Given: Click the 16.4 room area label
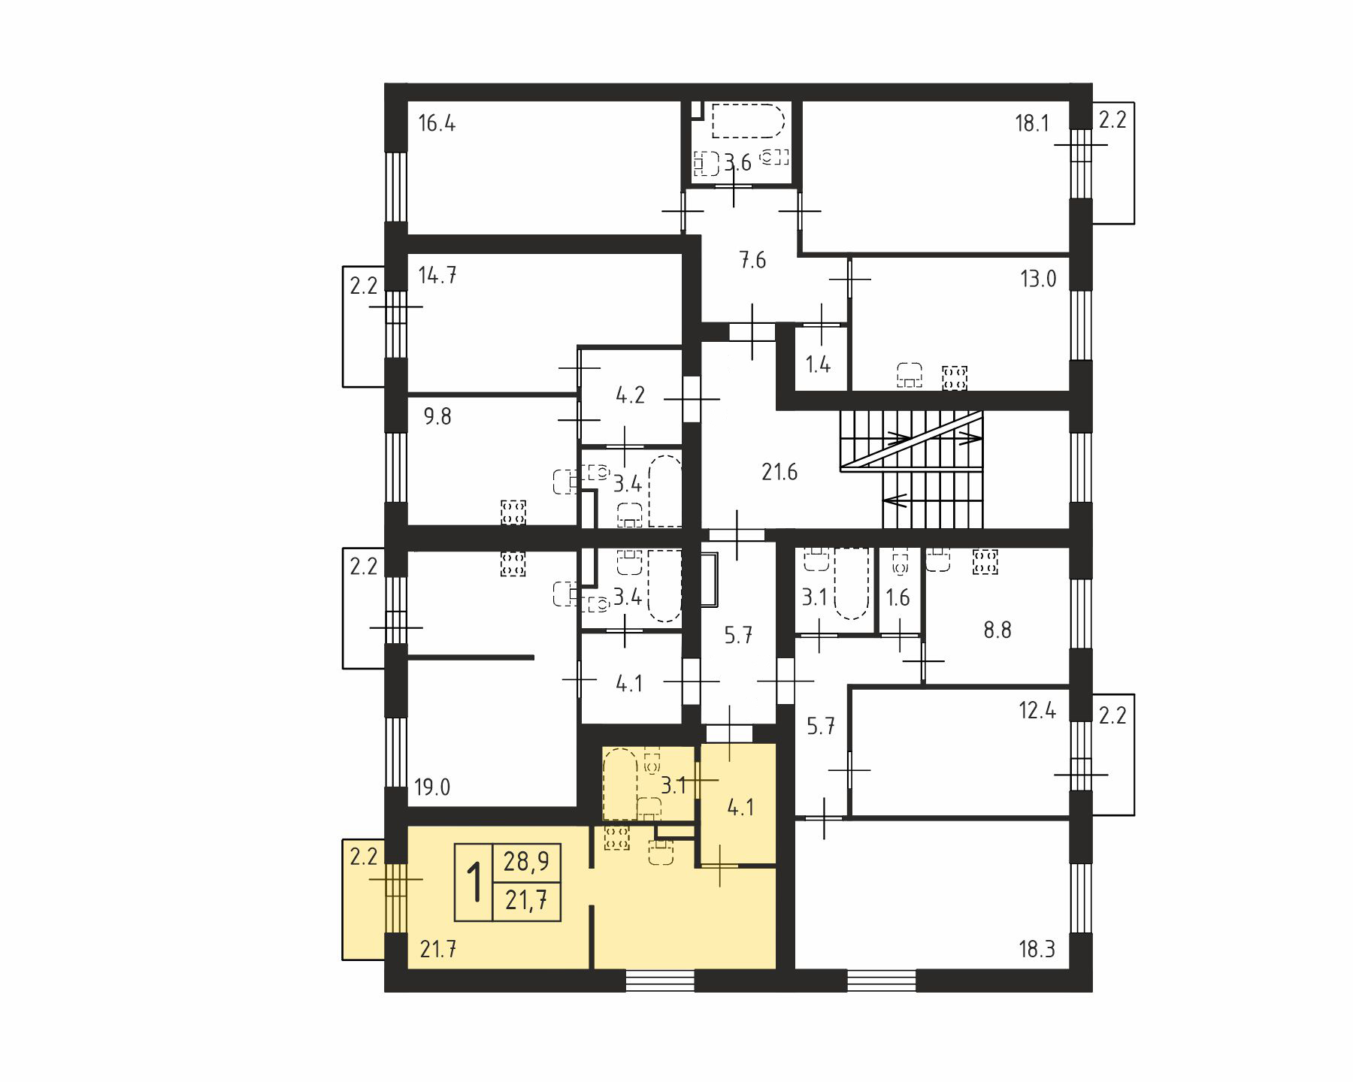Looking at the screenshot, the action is pyautogui.click(x=437, y=123).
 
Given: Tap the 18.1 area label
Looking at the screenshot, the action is pyautogui.click(x=1032, y=123).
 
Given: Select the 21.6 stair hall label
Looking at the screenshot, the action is pyautogui.click(x=779, y=473).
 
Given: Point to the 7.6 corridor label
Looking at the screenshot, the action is pyautogui.click(x=752, y=261).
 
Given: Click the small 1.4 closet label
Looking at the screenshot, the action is pyautogui.click(x=818, y=365).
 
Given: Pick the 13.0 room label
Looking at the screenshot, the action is pyautogui.click(x=1038, y=280).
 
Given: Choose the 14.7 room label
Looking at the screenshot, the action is pyautogui.click(x=437, y=276).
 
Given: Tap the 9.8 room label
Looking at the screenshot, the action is pyautogui.click(x=437, y=416).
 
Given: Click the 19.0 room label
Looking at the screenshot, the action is pyautogui.click(x=432, y=787).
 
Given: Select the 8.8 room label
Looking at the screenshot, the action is pyautogui.click(x=997, y=630).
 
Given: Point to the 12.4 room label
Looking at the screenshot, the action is pyautogui.click(x=1037, y=710).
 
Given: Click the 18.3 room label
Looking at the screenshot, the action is pyautogui.click(x=1037, y=950).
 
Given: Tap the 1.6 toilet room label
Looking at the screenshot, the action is pyautogui.click(x=897, y=598).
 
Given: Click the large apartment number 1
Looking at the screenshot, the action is pyautogui.click(x=474, y=883).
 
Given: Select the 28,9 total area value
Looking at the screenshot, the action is pyautogui.click(x=526, y=862).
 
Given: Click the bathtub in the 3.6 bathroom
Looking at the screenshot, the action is pyautogui.click(x=748, y=121).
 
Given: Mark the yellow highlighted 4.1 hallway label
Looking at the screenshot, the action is pyautogui.click(x=740, y=808).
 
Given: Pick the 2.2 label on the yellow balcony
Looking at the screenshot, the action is pyautogui.click(x=363, y=857).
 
